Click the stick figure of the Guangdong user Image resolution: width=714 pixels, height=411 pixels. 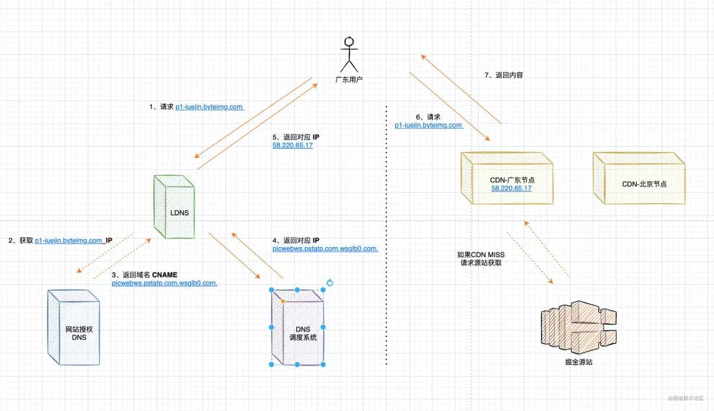tap(348, 54)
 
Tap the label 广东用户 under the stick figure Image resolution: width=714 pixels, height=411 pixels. tap(348, 79)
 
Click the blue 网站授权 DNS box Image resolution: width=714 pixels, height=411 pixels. tap(74, 328)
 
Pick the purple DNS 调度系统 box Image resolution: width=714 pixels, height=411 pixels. tap(298, 328)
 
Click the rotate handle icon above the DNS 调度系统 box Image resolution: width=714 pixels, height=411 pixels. tap(330, 283)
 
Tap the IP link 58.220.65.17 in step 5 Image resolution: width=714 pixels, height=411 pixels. tap(292, 145)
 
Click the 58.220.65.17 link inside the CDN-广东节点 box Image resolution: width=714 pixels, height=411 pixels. tap(511, 188)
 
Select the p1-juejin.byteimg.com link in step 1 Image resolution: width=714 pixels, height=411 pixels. tap(210, 106)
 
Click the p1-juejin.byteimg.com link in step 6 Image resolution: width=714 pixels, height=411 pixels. tap(428, 125)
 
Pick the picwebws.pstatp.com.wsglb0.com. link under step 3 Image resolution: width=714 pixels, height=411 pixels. tap(165, 283)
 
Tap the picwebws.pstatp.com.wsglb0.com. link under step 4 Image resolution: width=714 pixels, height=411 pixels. tap(325, 248)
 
